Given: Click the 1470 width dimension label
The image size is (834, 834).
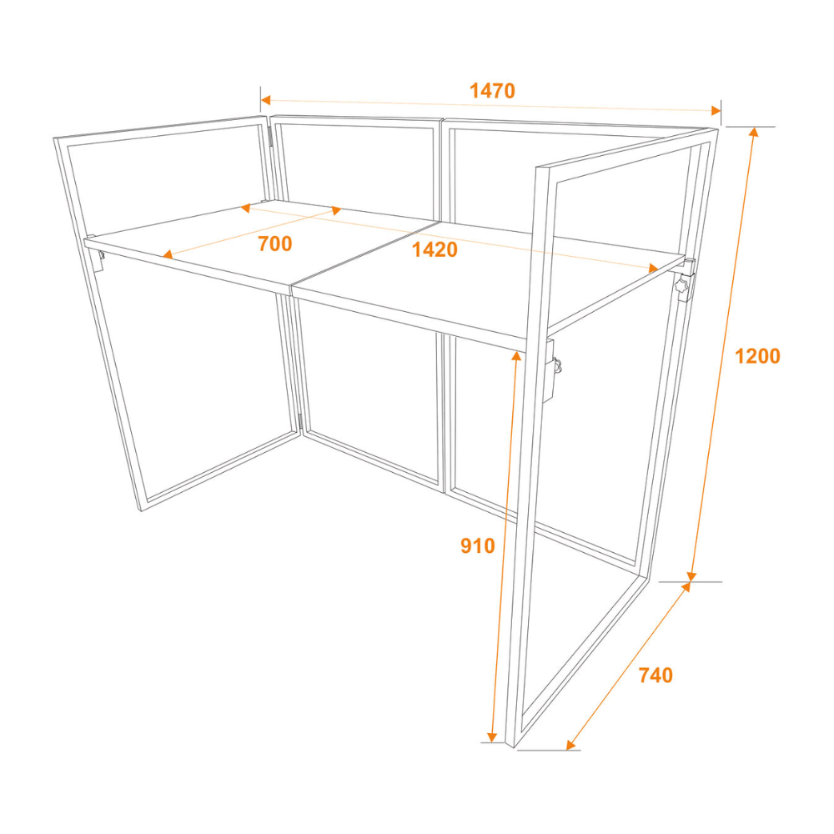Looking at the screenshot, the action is point(492,91).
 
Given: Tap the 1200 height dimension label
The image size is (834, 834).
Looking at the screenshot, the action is point(757,356).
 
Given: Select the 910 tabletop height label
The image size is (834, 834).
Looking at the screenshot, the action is point(477,545).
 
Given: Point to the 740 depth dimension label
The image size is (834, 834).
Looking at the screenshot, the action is point(656,675).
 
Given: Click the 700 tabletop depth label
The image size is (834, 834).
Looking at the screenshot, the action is point(275,244).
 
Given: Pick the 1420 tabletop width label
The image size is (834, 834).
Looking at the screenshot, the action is point(435,249).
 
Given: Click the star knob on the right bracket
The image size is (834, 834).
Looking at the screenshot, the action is point(681,285).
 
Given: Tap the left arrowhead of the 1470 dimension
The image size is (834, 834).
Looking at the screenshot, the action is point(265,100).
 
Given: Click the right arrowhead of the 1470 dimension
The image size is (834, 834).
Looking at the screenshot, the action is point(716,110).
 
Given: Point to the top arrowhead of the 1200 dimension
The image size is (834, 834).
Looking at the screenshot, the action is point(753,132).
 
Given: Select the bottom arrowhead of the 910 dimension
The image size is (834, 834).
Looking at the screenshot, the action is point(492,736).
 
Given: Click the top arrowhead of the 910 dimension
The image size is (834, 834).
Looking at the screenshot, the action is point(516,356).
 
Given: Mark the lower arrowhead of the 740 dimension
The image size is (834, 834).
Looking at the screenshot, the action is point(570,745).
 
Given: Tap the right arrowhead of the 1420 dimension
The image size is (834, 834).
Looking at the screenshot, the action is point(654,268).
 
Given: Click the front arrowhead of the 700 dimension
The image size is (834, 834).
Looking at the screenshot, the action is point(168,254).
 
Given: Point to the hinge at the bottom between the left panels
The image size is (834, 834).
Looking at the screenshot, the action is point(300,423).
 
